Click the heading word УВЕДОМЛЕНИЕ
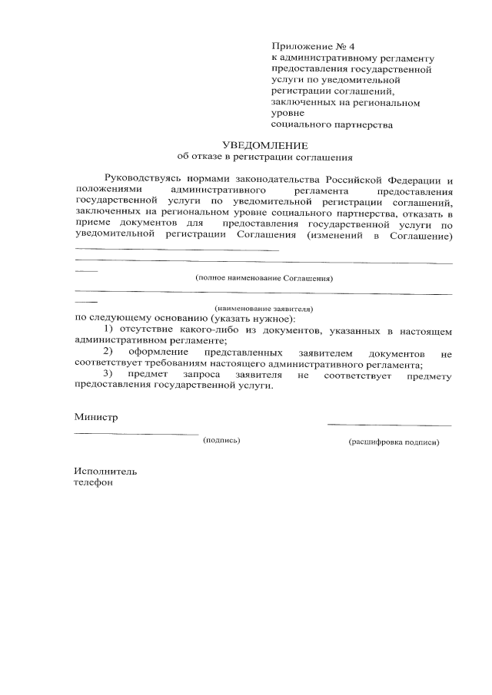tap(264, 145)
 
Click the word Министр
tap(96, 417)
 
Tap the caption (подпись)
tap(221, 441)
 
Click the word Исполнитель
tap(105, 471)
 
